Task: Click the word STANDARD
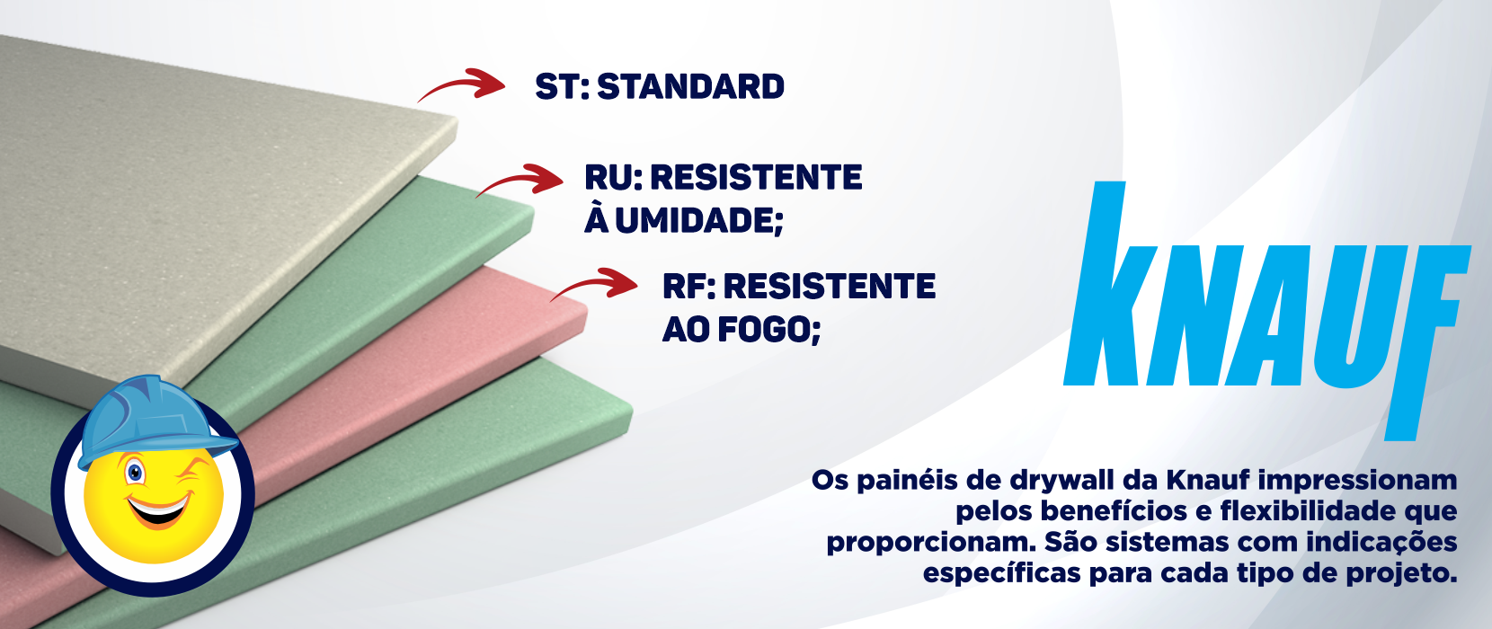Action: click(x=690, y=87)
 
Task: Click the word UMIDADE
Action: click(x=693, y=220)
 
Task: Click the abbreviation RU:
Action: click(x=613, y=178)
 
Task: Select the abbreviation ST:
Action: click(x=562, y=87)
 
